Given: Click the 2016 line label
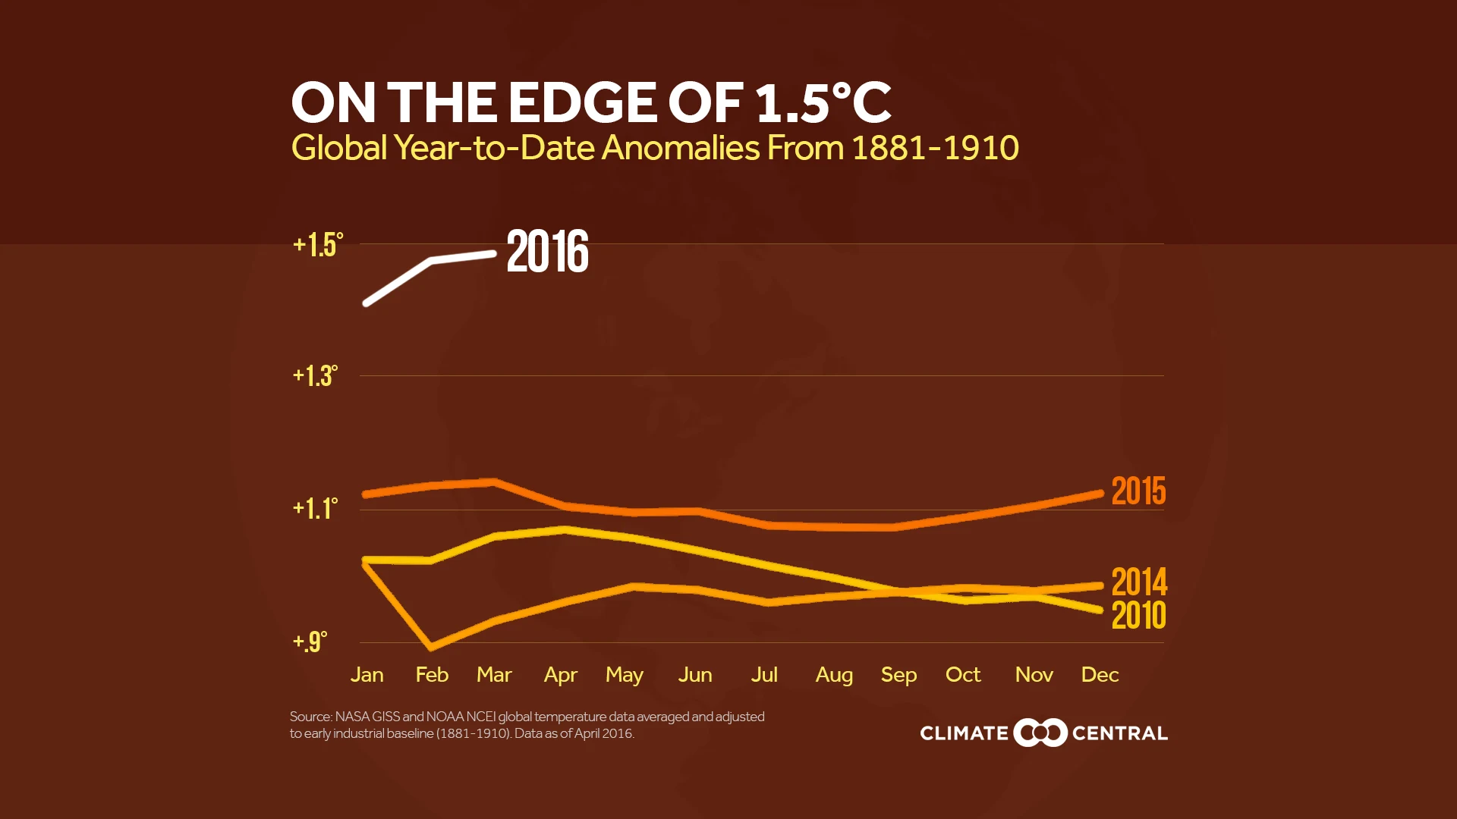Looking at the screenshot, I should point(547,252).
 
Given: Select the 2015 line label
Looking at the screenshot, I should point(1138,491).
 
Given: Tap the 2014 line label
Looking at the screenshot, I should point(1138,582).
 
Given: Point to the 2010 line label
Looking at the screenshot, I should point(1138,615).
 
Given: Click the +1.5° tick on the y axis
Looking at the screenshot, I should point(318,245).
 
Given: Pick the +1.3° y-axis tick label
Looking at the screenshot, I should point(315,375).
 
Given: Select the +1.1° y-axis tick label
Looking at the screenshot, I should point(315,508).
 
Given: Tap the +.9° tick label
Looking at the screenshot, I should point(310,642).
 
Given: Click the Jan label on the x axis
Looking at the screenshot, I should point(367,675).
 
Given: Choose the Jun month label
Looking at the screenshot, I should point(694,675).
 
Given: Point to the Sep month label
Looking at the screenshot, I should point(898,675).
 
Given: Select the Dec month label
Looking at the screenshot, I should point(1100,675).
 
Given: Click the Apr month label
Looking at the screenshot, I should point(560,675).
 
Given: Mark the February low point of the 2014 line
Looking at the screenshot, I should point(432,647).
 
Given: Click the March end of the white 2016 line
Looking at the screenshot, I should point(494,254).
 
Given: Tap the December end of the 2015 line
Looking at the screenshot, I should point(1100,494).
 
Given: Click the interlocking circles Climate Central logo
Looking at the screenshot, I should point(1040,733).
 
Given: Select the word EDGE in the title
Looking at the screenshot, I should point(582,103).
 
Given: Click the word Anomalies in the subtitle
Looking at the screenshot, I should point(680,148).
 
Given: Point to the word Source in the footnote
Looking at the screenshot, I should point(310,717).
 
